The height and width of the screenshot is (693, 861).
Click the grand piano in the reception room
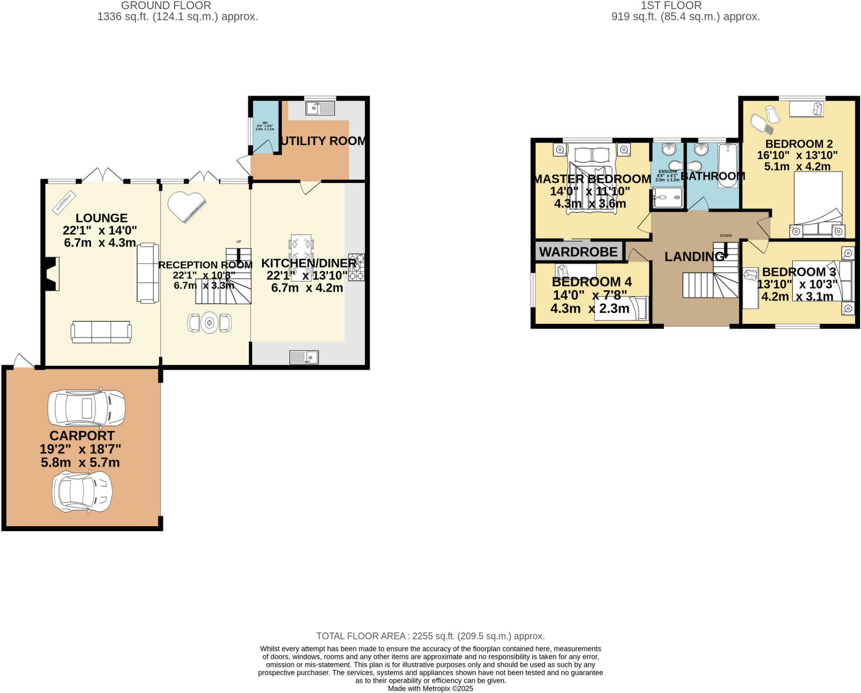[x=186, y=206]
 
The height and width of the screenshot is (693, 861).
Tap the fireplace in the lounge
[x=52, y=274]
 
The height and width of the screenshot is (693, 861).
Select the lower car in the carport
[x=82, y=492]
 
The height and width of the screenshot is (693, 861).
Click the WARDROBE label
[x=578, y=252]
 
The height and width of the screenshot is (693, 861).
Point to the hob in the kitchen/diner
[x=356, y=267]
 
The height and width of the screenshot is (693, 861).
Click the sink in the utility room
[x=320, y=108]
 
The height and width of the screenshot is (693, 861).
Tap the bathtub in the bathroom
[x=727, y=165]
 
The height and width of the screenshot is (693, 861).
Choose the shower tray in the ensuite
[x=668, y=197]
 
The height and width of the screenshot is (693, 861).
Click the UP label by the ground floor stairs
[x=239, y=242]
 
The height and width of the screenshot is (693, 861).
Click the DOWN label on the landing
[x=726, y=235]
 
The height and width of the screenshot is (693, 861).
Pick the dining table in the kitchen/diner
[x=301, y=257]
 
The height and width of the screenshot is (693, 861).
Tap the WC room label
[x=265, y=123]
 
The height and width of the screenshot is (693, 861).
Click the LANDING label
[x=694, y=256]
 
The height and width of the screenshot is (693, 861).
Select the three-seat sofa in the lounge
[x=101, y=332]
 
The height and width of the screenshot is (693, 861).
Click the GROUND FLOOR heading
[x=166, y=5]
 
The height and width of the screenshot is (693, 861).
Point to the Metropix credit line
[x=430, y=688]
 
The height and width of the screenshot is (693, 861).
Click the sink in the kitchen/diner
[x=304, y=357]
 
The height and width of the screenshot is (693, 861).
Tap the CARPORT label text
[x=82, y=435]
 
